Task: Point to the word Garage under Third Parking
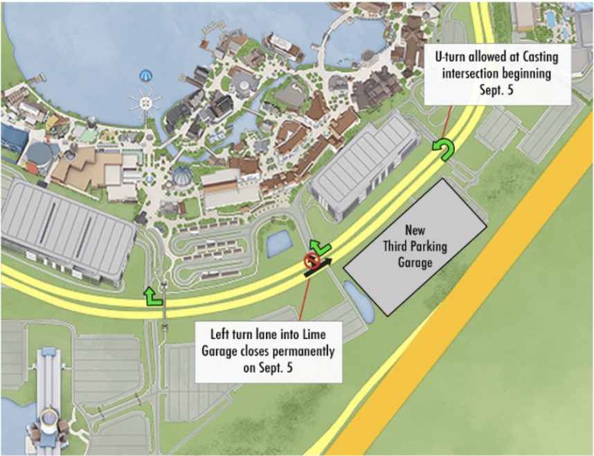415,263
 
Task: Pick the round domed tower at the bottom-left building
49,420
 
